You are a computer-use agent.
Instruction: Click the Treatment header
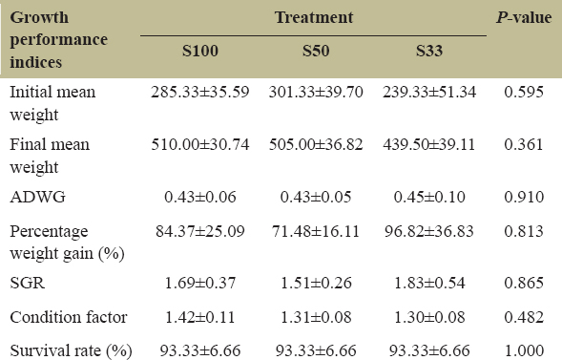tap(314, 17)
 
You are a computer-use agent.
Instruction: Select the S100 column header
tap(200, 51)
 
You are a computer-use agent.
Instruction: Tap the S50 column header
tap(316, 51)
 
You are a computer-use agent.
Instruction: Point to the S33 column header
tap(429, 51)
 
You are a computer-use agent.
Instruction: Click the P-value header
tap(524, 17)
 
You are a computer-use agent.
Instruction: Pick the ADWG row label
tap(37, 197)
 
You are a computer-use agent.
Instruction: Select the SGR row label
tap(28, 283)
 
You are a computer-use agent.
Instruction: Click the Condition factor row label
tap(69, 317)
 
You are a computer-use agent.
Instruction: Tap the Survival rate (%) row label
tap(71, 350)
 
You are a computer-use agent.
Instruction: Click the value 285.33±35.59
tap(200, 92)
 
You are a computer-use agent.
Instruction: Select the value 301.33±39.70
tap(316, 92)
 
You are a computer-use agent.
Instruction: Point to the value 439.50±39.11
tap(429, 144)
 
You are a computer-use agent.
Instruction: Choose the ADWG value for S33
tap(429, 197)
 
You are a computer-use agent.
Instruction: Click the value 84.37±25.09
tap(200, 231)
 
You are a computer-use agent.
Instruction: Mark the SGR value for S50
tap(316, 283)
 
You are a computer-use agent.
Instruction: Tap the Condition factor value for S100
tap(200, 317)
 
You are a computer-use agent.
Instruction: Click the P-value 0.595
tap(524, 92)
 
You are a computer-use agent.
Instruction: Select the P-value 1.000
tap(524, 350)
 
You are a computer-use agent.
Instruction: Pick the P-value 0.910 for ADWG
tap(524, 197)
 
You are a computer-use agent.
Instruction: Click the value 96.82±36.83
tap(429, 231)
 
